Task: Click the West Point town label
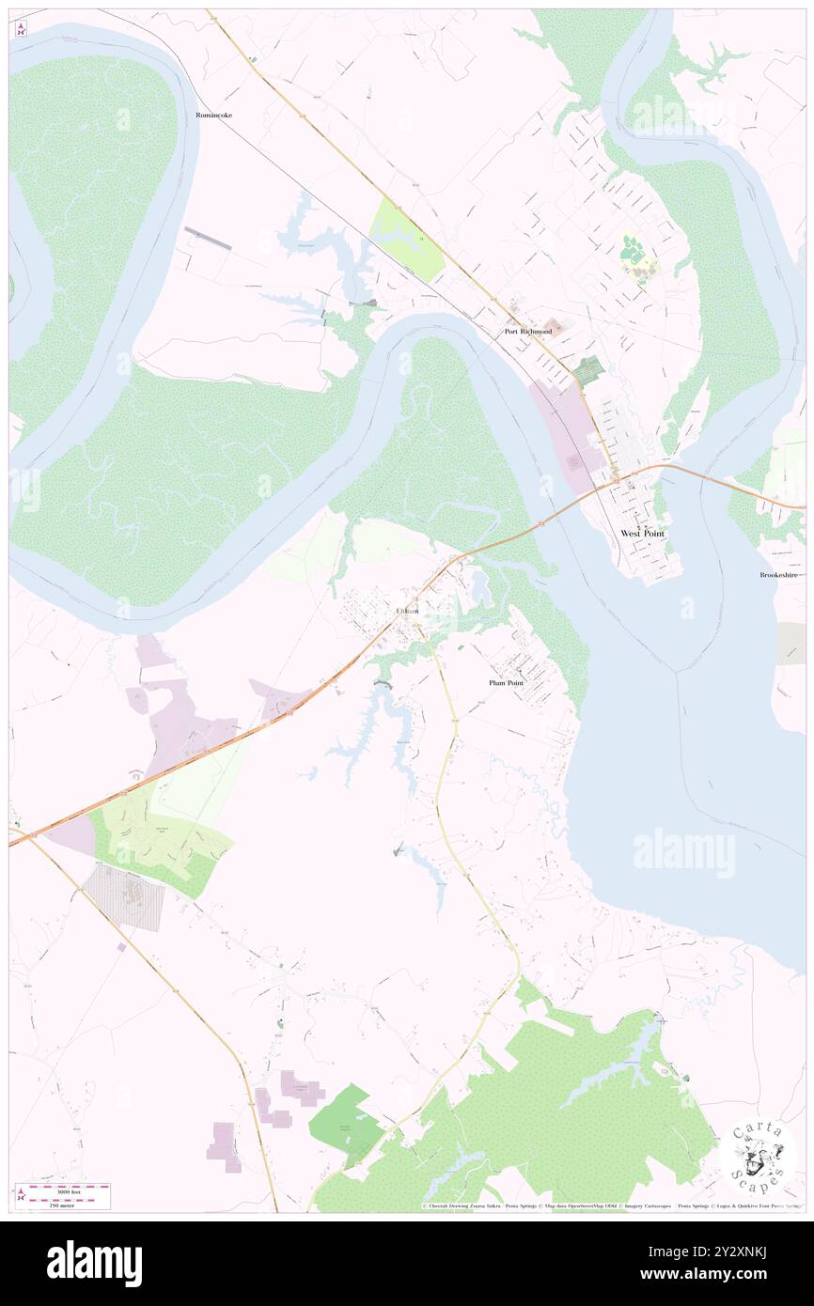pyautogui.click(x=642, y=534)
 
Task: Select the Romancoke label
pyautogui.click(x=213, y=115)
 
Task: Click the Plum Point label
pyautogui.click(x=506, y=683)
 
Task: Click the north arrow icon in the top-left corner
pyautogui.click(x=21, y=29)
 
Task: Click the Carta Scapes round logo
pyautogui.click(x=758, y=1158)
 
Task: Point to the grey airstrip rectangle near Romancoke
pyautogui.click(x=208, y=238)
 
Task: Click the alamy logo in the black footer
pyautogui.click(x=94, y=1264)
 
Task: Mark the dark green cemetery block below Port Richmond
pyautogui.click(x=588, y=370)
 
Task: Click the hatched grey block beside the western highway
pyautogui.click(x=124, y=897)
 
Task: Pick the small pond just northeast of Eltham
pyautogui.click(x=481, y=588)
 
